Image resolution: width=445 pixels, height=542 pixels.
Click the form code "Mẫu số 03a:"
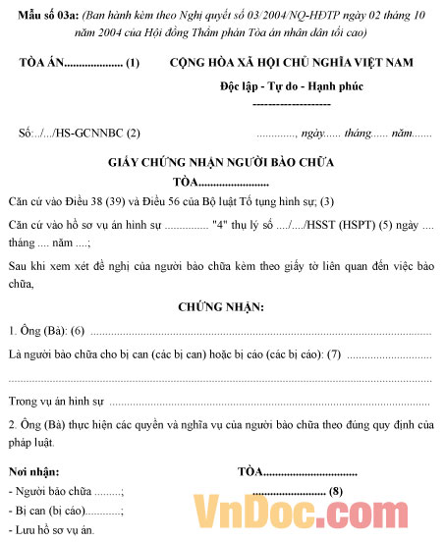[x=43, y=17]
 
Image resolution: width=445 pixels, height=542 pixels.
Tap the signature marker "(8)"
[x=336, y=491]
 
